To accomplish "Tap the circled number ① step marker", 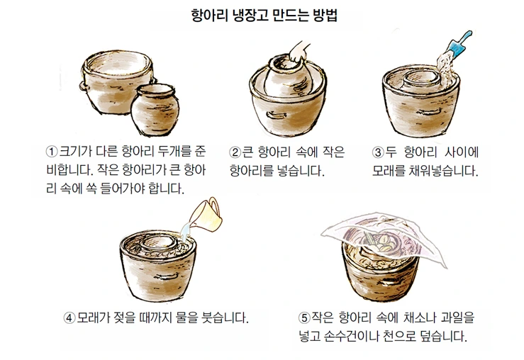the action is point(52,151).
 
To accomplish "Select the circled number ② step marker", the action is point(235,152).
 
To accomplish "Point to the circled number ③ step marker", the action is point(378,152).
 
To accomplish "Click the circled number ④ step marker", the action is point(69,317).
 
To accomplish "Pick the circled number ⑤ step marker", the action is point(304,317).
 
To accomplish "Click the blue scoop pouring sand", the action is point(460,43).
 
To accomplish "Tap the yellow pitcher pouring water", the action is point(206,215).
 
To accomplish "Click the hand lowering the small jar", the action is point(299,52).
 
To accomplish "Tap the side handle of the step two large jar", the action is point(277,116).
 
